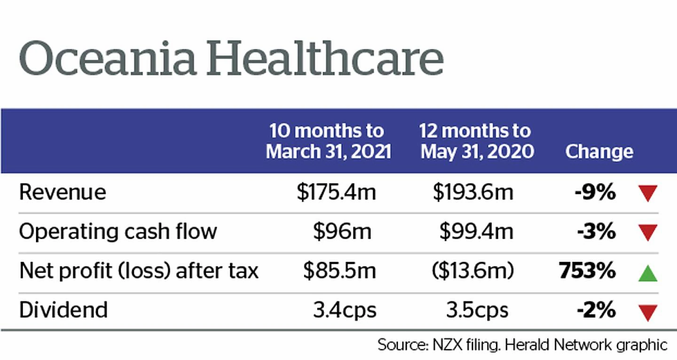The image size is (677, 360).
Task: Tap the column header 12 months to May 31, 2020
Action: tap(477, 141)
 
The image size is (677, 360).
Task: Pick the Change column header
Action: tap(599, 151)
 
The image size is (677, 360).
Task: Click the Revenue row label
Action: tap(63, 191)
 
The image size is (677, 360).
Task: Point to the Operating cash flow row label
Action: tap(118, 231)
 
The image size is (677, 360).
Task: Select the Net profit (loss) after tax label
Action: tap(139, 270)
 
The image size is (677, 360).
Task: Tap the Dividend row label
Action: tap(64, 310)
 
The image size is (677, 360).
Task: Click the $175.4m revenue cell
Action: tap(336, 191)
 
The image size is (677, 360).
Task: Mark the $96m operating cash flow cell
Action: tap(342, 231)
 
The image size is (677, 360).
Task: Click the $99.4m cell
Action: tap(476, 231)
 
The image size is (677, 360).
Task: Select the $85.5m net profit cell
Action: tap(340, 270)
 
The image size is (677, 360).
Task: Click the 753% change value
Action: tap(587, 270)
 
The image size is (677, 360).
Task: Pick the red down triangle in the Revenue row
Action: tap(647, 193)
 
